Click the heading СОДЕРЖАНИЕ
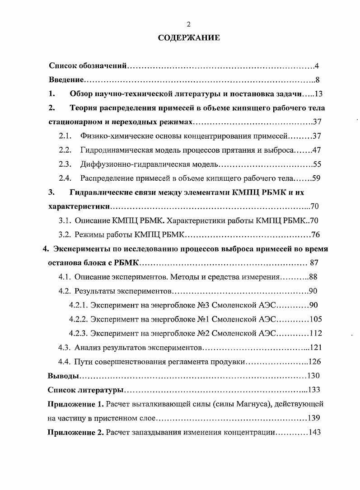[189, 38]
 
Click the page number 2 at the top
[189, 24]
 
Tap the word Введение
[66, 80]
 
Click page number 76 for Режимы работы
[315, 235]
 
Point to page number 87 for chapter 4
[315, 263]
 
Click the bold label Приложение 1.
[76, 404]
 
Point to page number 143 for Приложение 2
[314, 432]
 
